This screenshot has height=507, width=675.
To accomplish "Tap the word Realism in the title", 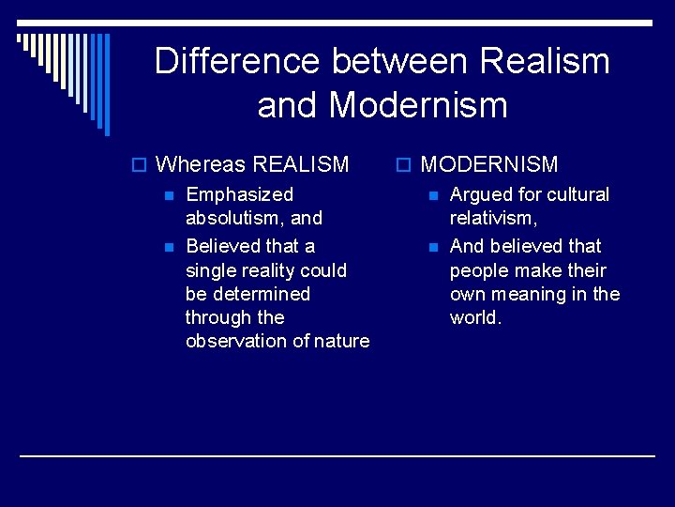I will (x=545, y=62).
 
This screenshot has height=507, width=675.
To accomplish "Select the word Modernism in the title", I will (x=418, y=105).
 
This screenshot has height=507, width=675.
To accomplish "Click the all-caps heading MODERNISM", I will (x=488, y=165).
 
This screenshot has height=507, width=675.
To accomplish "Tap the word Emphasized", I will (x=239, y=195).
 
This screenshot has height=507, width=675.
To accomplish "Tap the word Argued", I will (x=481, y=195).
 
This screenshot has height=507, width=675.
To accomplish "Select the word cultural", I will (x=578, y=195).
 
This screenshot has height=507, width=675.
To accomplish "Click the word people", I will (x=480, y=270).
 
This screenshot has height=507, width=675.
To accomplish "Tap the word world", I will (x=475, y=317).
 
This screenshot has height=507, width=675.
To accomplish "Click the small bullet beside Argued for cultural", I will (x=432, y=196).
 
